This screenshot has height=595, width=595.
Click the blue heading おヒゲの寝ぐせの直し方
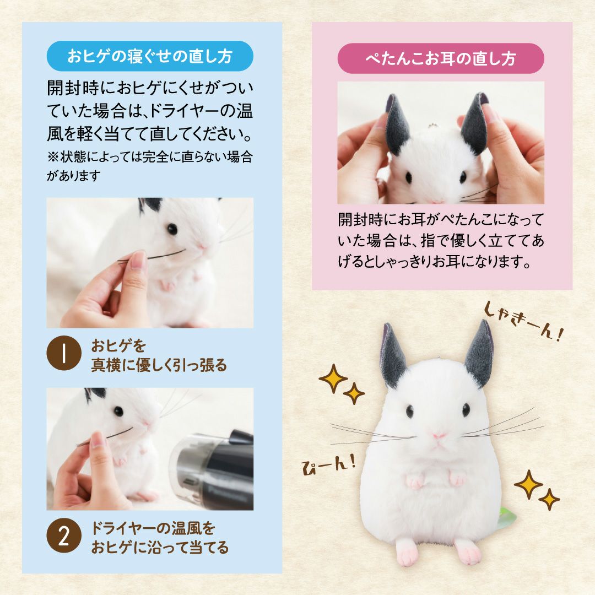[x=150, y=56]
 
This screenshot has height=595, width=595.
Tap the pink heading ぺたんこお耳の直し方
[x=440, y=58]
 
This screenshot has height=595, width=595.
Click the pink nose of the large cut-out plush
[x=439, y=435]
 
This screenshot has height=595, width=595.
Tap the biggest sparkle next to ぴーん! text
[x=333, y=378]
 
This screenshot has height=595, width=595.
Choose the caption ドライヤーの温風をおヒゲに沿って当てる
[x=160, y=538]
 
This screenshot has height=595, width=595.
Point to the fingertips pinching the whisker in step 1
[x=135, y=262]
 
